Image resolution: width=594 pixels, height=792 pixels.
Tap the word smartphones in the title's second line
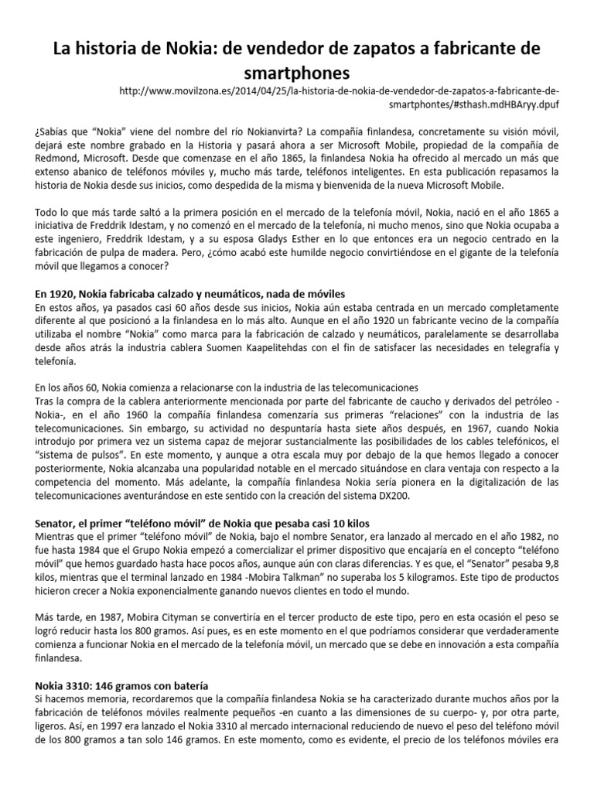pyautogui.click(x=296, y=72)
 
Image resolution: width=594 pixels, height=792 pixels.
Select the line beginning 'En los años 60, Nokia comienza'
pyautogui.click(x=226, y=387)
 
